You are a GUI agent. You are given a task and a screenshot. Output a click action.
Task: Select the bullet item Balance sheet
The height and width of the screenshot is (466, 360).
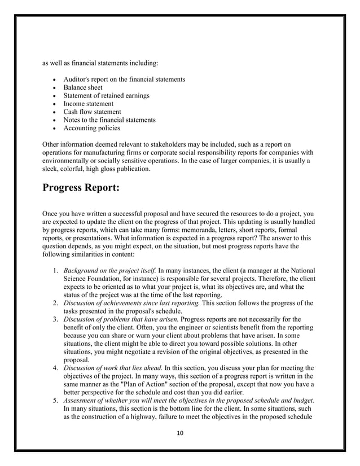coord(83,88)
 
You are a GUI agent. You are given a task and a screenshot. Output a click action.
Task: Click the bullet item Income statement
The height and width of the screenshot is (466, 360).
coord(88,104)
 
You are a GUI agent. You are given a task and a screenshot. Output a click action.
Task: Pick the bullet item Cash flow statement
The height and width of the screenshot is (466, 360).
coord(92,112)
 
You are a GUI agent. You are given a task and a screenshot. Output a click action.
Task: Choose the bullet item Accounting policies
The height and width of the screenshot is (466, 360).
coord(91,128)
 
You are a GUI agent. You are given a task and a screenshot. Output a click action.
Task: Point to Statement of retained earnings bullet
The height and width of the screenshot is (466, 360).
coord(106,96)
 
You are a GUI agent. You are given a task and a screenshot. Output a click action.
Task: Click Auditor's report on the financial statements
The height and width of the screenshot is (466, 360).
coord(124,80)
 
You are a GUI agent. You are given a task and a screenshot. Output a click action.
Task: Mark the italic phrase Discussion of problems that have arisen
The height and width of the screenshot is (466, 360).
coord(121,320)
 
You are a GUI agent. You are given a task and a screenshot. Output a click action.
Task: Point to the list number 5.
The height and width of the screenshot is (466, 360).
coord(56,399)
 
